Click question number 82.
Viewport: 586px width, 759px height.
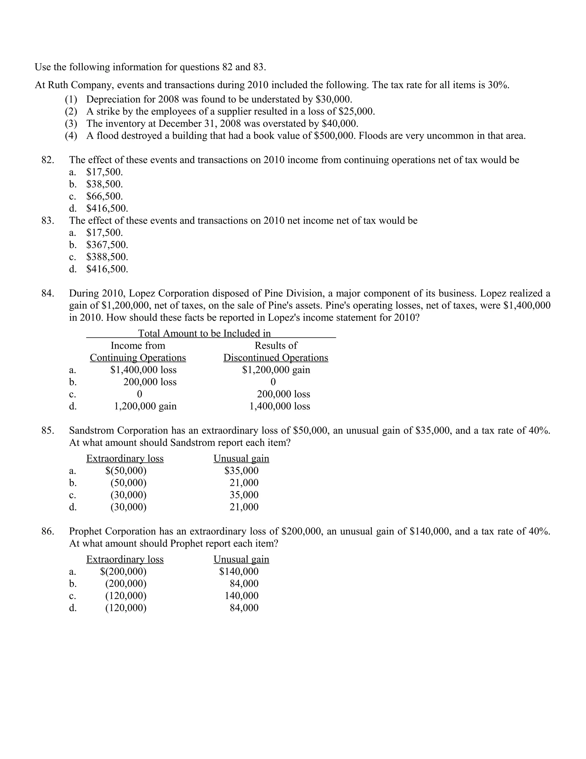click(x=47, y=160)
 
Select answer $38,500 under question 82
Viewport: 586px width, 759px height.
click(x=104, y=184)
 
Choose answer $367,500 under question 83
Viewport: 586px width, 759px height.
click(x=107, y=245)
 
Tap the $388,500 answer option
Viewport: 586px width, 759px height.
click(x=107, y=257)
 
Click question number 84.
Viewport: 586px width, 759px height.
click(x=47, y=293)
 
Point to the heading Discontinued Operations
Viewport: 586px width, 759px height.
click(x=276, y=358)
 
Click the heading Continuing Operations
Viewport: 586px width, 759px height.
click(x=138, y=358)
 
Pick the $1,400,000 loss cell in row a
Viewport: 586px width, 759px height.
click(x=143, y=370)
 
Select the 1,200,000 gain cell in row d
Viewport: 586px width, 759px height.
click(x=145, y=406)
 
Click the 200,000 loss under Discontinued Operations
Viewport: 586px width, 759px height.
click(x=283, y=394)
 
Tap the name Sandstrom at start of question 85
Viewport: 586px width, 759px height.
click(x=91, y=430)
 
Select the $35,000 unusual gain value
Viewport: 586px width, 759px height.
click(x=241, y=471)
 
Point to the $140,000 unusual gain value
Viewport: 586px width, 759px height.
click(x=239, y=571)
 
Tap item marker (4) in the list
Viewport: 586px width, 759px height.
click(x=71, y=135)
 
